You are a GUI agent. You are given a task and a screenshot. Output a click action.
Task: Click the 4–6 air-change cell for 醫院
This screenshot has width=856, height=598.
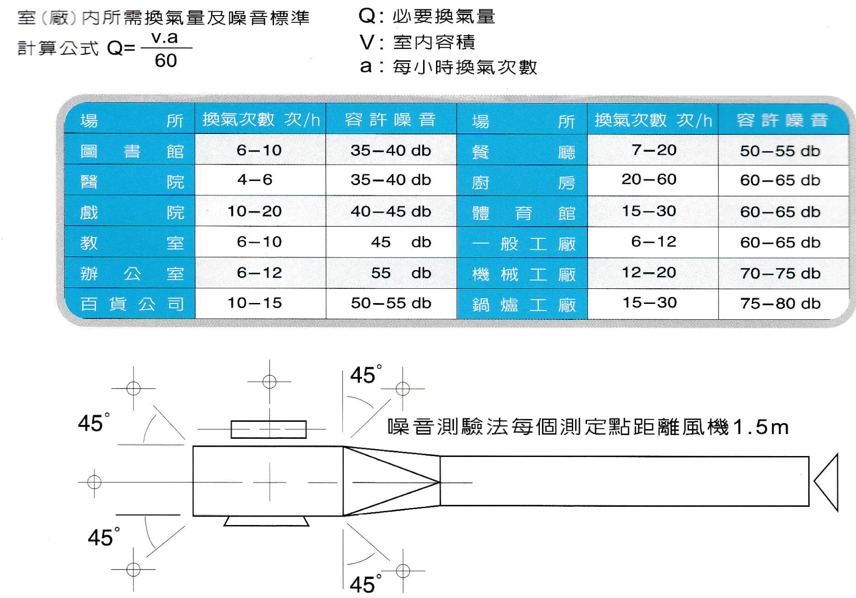[x=255, y=180]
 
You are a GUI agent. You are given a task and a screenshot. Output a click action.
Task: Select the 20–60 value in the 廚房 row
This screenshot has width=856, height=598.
[x=649, y=180]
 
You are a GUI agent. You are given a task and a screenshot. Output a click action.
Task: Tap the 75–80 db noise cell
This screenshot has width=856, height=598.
[x=780, y=303]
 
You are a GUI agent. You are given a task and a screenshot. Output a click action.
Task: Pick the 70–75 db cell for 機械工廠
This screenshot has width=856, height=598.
[x=780, y=273]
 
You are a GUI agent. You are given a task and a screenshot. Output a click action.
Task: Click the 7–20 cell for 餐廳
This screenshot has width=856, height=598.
[x=654, y=150]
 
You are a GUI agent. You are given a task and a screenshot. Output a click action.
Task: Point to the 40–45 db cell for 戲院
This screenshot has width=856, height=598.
[x=391, y=211]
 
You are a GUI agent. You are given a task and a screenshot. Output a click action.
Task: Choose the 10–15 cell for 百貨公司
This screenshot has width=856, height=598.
[x=255, y=303]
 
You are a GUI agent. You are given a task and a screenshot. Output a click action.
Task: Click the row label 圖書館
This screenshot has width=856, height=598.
[x=132, y=151]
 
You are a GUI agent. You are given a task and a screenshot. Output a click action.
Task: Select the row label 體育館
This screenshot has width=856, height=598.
[x=523, y=213]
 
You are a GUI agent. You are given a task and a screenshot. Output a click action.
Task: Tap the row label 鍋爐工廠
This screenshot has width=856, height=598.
[x=523, y=305]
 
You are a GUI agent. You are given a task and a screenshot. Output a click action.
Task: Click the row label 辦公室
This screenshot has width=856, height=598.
[x=132, y=273]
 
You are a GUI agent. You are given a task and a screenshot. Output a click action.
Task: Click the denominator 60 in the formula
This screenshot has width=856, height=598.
[x=166, y=61]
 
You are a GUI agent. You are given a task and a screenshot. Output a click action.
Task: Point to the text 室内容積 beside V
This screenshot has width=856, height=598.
[x=434, y=42]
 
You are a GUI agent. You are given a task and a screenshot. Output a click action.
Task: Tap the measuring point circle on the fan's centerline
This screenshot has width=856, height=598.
[x=94, y=482]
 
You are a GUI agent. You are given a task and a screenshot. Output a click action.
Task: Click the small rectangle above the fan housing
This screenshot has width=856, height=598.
[x=269, y=429]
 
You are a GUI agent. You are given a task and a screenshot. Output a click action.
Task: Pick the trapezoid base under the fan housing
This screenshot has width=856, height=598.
[x=266, y=521]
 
